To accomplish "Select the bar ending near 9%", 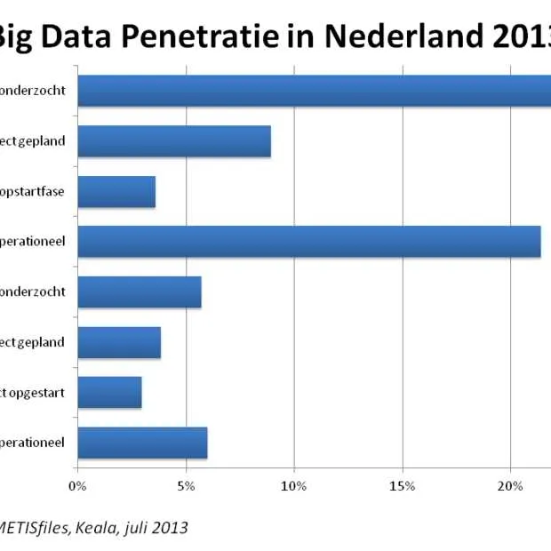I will (174, 141).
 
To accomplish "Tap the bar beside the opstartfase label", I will (116, 192).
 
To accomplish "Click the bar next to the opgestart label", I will (109, 392).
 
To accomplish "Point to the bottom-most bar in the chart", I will (142, 443).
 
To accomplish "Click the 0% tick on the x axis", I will (77, 485).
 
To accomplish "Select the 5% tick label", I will (186, 485).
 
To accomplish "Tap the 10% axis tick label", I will (293, 485).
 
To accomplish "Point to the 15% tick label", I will (402, 485).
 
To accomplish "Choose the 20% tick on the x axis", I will (509, 485).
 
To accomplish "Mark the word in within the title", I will (303, 36).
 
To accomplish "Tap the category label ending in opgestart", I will (32, 392).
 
